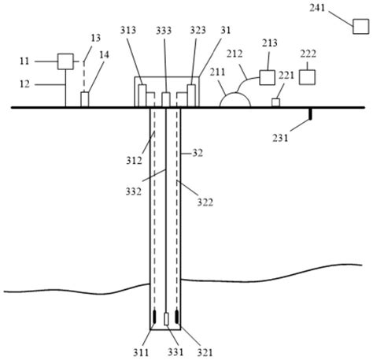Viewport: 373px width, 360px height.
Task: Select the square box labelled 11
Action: coord(65,60)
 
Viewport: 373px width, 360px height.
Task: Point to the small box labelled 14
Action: coord(86,100)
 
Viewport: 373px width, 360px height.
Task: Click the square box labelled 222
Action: coord(308,77)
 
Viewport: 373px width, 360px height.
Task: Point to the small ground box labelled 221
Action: coord(276,102)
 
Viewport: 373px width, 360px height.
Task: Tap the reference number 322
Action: coord(204,202)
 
